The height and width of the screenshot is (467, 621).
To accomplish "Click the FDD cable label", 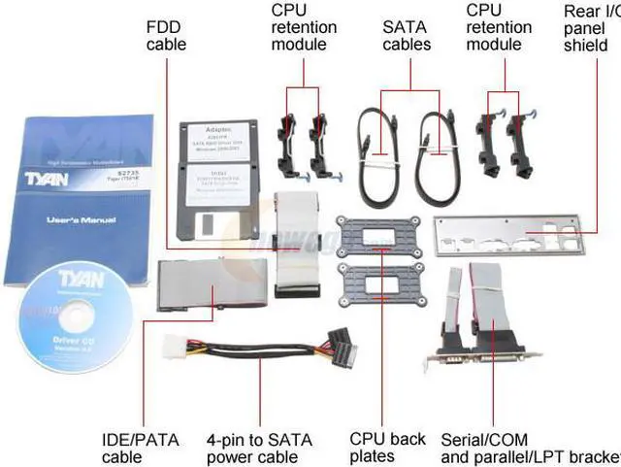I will [x=166, y=35].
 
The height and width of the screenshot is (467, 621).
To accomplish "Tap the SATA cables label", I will [x=406, y=35].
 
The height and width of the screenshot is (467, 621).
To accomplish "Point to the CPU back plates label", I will [x=386, y=448].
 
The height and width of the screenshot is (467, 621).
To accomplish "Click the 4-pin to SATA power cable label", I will [x=259, y=448].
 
